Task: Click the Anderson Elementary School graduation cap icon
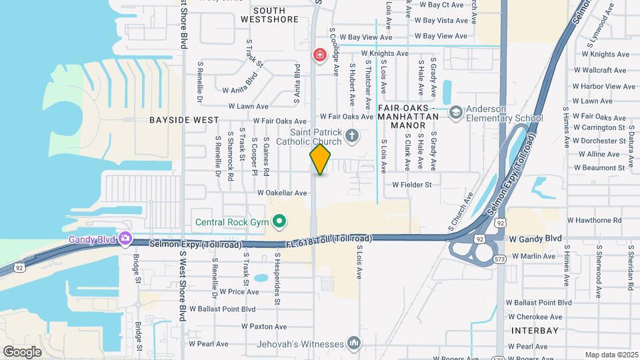(456, 113)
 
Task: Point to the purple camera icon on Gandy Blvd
(125, 239)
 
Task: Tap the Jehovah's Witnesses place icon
(354, 343)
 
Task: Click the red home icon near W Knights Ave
(319, 53)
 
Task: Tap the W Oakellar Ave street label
(282, 193)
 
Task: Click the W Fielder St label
(412, 184)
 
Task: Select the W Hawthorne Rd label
(594, 219)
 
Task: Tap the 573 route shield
(499, 258)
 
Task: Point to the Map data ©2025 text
(611, 355)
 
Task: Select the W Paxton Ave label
(264, 326)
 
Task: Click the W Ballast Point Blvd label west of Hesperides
(223, 309)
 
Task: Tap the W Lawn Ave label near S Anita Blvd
(248, 106)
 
